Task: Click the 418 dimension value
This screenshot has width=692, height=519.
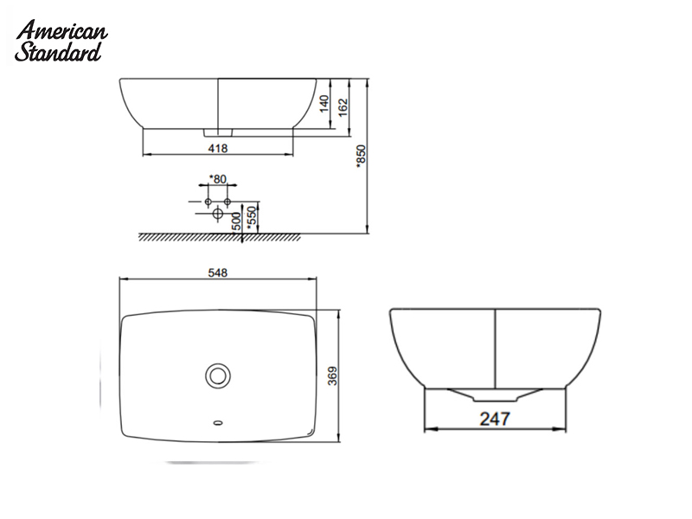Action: pyautogui.click(x=218, y=149)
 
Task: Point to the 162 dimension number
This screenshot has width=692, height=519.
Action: pyautogui.click(x=343, y=107)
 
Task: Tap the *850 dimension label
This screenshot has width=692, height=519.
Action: pyautogui.click(x=362, y=156)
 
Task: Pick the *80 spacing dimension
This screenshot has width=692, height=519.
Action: pyautogui.click(x=218, y=179)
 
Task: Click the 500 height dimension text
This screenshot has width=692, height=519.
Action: pyautogui.click(x=236, y=220)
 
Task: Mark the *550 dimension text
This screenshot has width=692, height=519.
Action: pyautogui.click(x=252, y=216)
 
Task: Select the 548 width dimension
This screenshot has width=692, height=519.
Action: pyautogui.click(x=218, y=273)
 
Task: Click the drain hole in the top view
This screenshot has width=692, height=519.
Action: pyautogui.click(x=218, y=375)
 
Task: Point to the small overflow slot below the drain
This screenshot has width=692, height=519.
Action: pyautogui.click(x=218, y=424)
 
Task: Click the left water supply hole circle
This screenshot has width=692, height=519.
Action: pyautogui.click(x=208, y=202)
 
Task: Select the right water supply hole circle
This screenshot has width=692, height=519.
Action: pyautogui.click(x=227, y=202)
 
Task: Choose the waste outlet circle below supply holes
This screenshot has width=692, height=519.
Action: pyautogui.click(x=218, y=214)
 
